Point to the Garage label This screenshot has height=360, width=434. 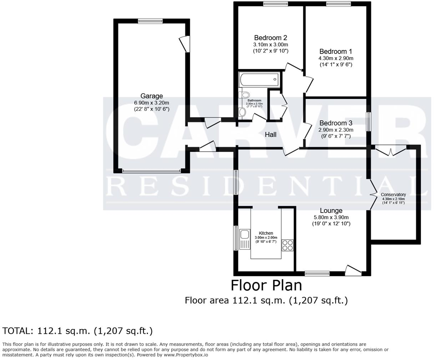pyautogui.click(x=151, y=96)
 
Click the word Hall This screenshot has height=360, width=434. pyautogui.click(x=271, y=135)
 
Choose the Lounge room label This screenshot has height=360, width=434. pyautogui.click(x=331, y=211)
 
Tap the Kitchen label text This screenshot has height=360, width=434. pyautogui.click(x=266, y=233)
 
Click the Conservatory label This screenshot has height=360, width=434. pyautogui.click(x=393, y=195)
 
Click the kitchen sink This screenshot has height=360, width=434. pyautogui.click(x=244, y=235)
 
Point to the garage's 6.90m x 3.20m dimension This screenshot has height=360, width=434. pyautogui.click(x=151, y=102)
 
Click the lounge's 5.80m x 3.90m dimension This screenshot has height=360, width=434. pyautogui.click(x=331, y=217)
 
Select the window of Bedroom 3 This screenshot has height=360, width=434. pyautogui.click(x=369, y=122)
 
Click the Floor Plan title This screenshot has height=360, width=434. pyautogui.click(x=266, y=285)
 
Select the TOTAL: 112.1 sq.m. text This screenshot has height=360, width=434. pyautogui.click(x=78, y=331)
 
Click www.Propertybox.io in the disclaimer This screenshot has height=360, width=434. pyautogui.click(x=186, y=355)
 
